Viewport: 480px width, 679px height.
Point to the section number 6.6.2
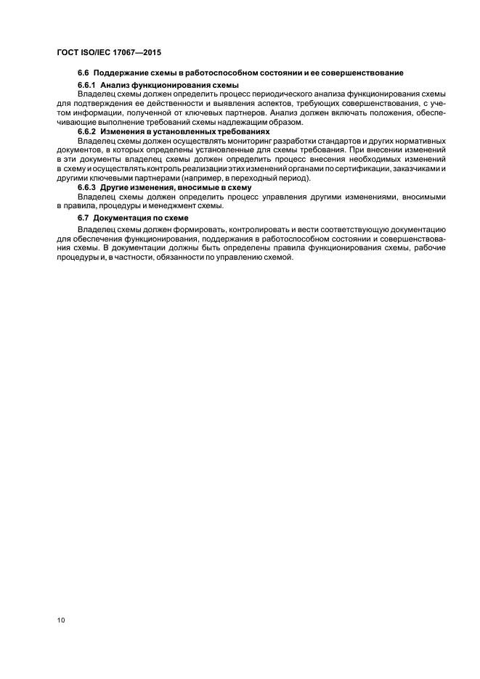tap(88, 131)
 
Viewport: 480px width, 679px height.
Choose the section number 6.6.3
tap(88, 187)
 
